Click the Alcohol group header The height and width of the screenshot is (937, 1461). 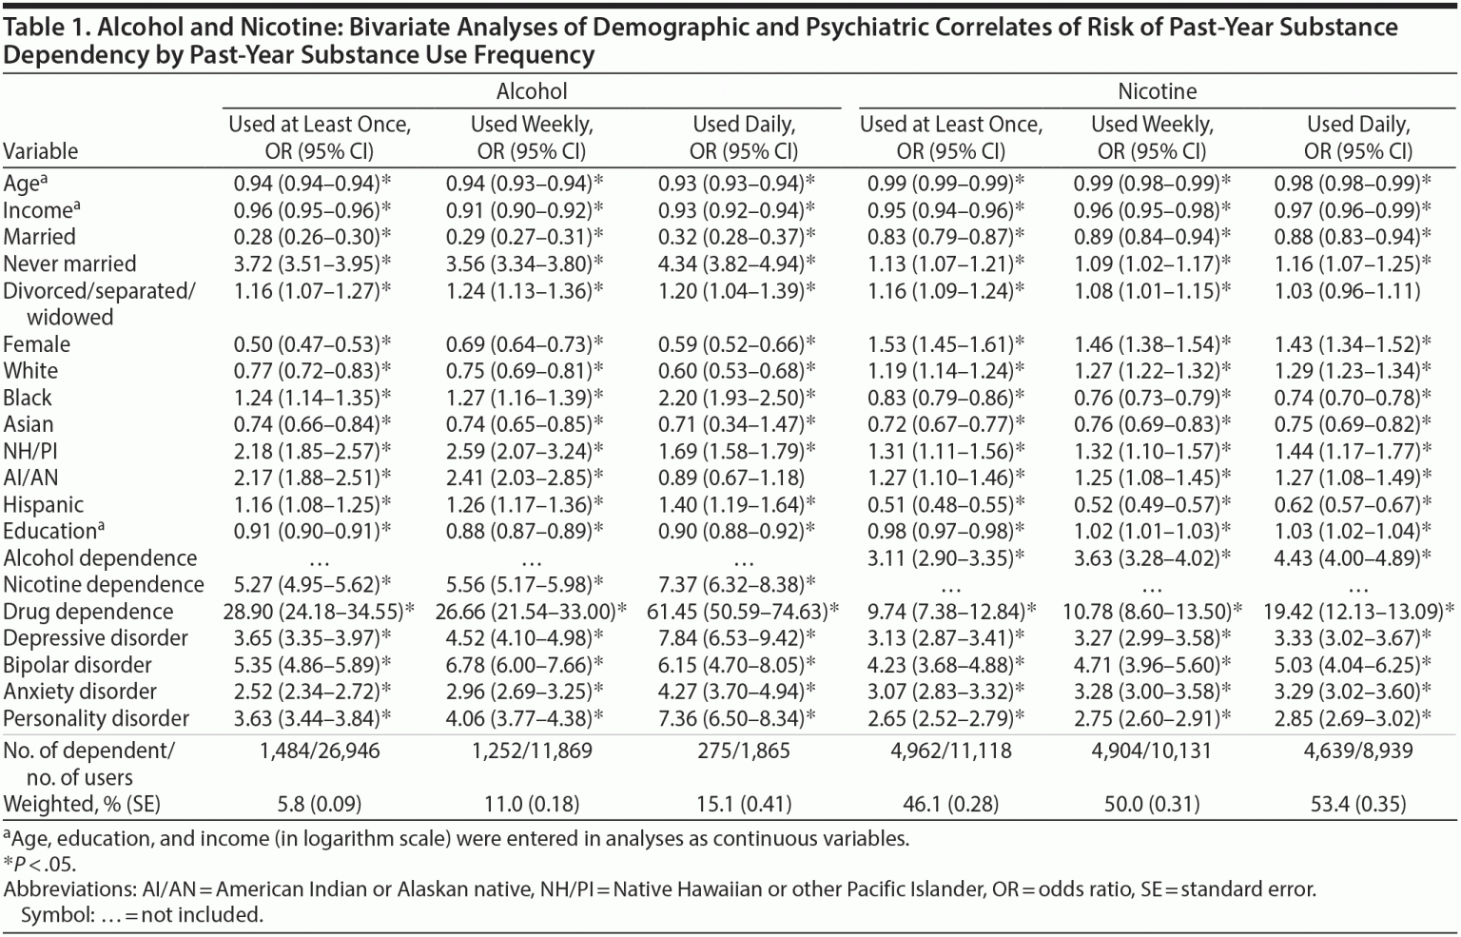click(x=532, y=91)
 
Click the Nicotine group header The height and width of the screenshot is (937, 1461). click(x=1157, y=91)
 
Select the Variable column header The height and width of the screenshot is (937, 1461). click(x=41, y=151)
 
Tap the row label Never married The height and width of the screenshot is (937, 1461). click(x=69, y=264)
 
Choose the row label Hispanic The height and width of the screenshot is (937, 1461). click(x=44, y=504)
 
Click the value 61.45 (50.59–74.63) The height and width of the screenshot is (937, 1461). click(x=743, y=612)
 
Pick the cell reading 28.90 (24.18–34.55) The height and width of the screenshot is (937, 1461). click(x=319, y=612)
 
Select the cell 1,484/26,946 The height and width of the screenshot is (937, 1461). click(x=319, y=751)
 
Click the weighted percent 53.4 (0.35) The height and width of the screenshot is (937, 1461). click(x=1357, y=804)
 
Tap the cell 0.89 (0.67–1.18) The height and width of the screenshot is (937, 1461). click(x=730, y=478)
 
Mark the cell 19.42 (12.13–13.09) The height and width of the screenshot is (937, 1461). click(x=1357, y=612)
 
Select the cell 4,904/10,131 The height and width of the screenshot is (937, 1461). click(x=1151, y=751)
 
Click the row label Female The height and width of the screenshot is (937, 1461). click(x=37, y=344)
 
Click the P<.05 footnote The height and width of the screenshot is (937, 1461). click(x=40, y=864)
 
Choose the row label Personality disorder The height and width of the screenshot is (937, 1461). click(x=96, y=718)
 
